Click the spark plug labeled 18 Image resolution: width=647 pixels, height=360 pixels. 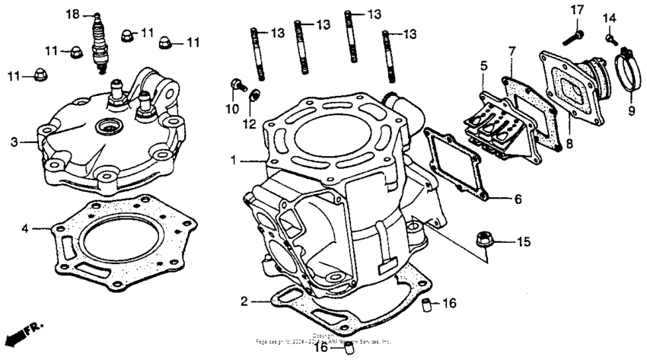(x=97, y=45)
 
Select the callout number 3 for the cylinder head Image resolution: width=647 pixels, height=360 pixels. (x=14, y=142)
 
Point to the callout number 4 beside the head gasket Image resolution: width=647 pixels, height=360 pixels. (x=25, y=228)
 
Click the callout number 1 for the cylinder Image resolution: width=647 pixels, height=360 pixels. (x=234, y=161)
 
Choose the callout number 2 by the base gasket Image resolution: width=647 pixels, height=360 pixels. (x=244, y=301)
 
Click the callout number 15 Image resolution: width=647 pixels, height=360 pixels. (x=523, y=242)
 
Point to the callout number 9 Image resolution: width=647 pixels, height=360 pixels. (x=630, y=110)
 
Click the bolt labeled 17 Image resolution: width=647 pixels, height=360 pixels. (x=571, y=34)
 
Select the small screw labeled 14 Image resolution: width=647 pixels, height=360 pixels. (x=610, y=36)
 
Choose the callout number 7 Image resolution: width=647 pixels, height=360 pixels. (x=512, y=50)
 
